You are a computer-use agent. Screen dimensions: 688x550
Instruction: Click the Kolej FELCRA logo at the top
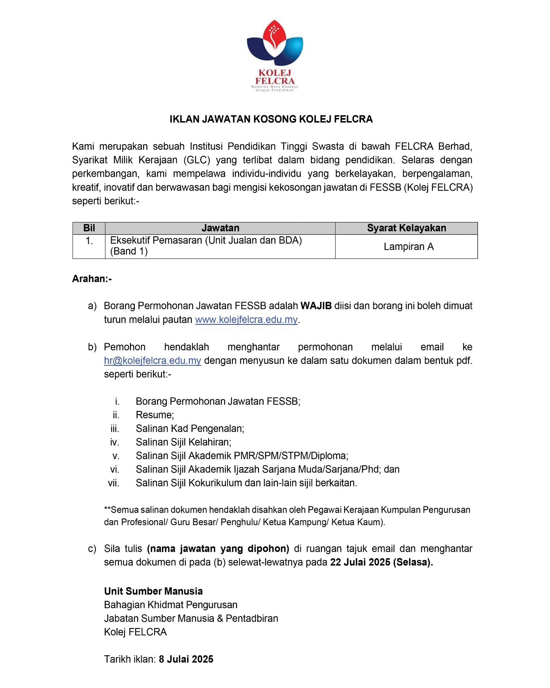pos(275,55)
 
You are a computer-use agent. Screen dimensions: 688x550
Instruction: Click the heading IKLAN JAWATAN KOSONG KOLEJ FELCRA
pos(271,119)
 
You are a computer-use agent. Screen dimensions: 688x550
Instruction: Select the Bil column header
pos(89,228)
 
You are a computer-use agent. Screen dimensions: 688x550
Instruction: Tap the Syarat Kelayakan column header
pos(406,228)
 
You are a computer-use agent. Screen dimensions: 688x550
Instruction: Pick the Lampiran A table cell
pos(408,247)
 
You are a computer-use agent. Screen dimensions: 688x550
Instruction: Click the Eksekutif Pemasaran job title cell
pos(206,245)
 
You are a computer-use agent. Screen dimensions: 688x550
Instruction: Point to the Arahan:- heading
pos(92,279)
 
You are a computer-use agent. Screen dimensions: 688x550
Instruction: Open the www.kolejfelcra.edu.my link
pos(246,320)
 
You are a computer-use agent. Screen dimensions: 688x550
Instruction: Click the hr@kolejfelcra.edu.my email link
pos(152,360)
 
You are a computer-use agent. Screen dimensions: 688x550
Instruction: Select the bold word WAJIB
pos(316,306)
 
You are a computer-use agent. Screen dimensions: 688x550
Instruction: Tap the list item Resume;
pos(155,415)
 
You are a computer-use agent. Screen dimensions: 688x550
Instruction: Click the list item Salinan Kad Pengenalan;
pos(190,428)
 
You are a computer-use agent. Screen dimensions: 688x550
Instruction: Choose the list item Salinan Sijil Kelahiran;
pos(183,442)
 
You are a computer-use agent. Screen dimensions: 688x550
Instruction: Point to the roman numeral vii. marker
pos(113,483)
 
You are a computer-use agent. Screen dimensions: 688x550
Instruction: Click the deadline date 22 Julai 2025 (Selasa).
pos(381,562)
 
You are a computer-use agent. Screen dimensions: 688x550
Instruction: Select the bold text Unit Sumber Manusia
pos(153,591)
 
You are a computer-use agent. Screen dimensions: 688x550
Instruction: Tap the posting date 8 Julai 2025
pos(186,659)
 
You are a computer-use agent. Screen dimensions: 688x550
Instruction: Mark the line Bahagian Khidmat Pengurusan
pos(170,605)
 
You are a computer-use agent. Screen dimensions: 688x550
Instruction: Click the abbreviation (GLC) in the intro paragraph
pos(197,160)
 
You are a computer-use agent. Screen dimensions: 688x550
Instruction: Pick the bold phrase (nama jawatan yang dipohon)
pos(218,548)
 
